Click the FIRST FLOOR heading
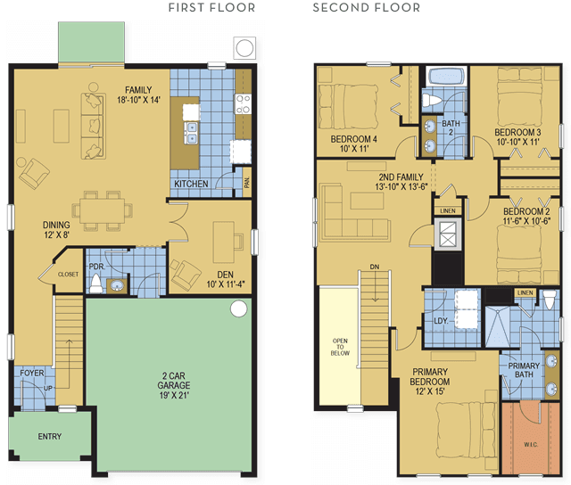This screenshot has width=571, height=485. point(211,8)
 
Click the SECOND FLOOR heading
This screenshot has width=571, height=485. point(367,8)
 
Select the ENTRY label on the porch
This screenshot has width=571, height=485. point(50,436)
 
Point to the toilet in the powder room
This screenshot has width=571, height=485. point(96,284)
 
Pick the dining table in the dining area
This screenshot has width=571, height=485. point(103,210)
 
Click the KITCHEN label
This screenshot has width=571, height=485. point(191,184)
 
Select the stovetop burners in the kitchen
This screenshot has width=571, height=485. point(243,104)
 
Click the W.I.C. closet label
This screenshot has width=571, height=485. point(531,444)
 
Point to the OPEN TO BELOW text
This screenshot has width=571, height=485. point(340,347)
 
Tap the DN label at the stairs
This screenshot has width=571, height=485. point(375,267)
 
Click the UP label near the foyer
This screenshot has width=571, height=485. point(48,388)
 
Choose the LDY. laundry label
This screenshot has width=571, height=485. point(441,321)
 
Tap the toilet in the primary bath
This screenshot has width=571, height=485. point(550,299)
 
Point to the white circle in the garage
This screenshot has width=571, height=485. point(239,308)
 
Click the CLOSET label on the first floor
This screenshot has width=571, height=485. point(68,275)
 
